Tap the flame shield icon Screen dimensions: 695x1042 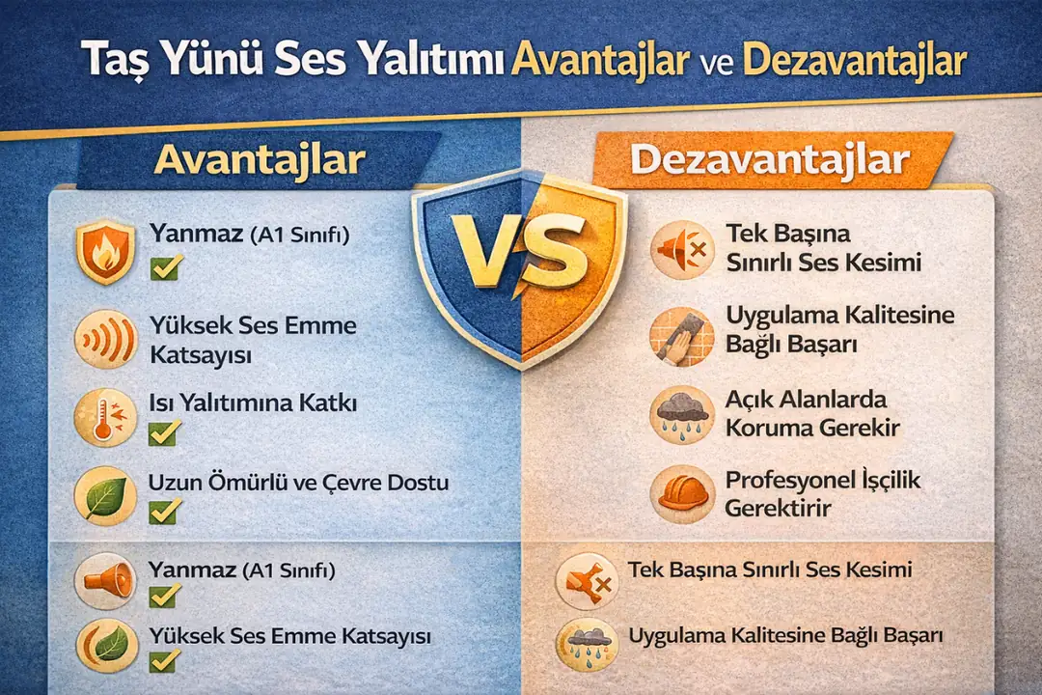tap(104, 252)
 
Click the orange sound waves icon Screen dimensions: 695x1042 tap(104, 340)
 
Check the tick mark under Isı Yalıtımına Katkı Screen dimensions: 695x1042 tap(164, 433)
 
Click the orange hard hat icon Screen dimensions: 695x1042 tap(681, 492)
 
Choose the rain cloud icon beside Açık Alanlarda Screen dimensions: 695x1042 tap(681, 415)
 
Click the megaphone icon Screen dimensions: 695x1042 tap(104, 580)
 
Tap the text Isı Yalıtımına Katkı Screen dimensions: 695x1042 tap(253, 403)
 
